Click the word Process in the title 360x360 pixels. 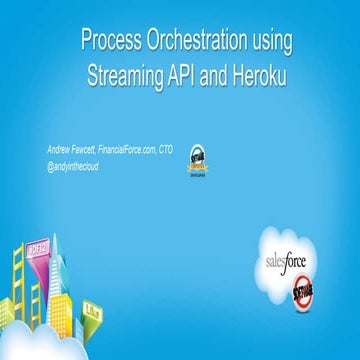pyautogui.click(x=109, y=43)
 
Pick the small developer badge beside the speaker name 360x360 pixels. pyautogui.click(x=199, y=158)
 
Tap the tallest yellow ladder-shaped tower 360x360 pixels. pyautogui.click(x=19, y=285)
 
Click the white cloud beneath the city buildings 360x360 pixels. pyautogui.click(x=60, y=340)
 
